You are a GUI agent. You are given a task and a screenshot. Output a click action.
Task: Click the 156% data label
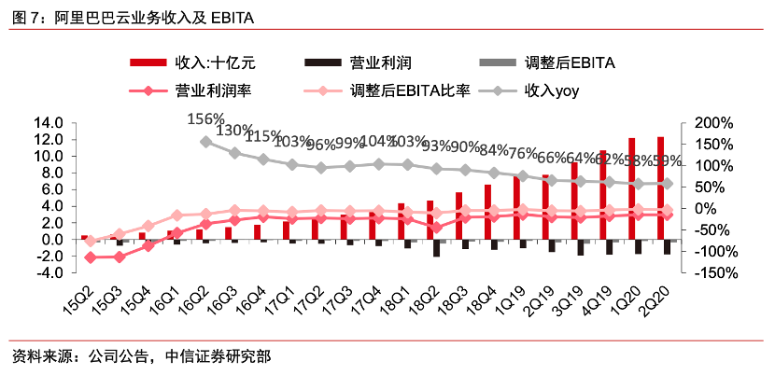click(205, 118)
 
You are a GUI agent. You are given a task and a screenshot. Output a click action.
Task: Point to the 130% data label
click(235, 130)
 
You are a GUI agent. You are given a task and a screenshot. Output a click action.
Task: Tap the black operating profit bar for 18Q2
click(436, 248)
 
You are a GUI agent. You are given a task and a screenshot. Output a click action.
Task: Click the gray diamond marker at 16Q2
click(205, 142)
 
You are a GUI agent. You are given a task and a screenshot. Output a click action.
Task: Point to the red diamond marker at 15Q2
click(90, 257)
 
